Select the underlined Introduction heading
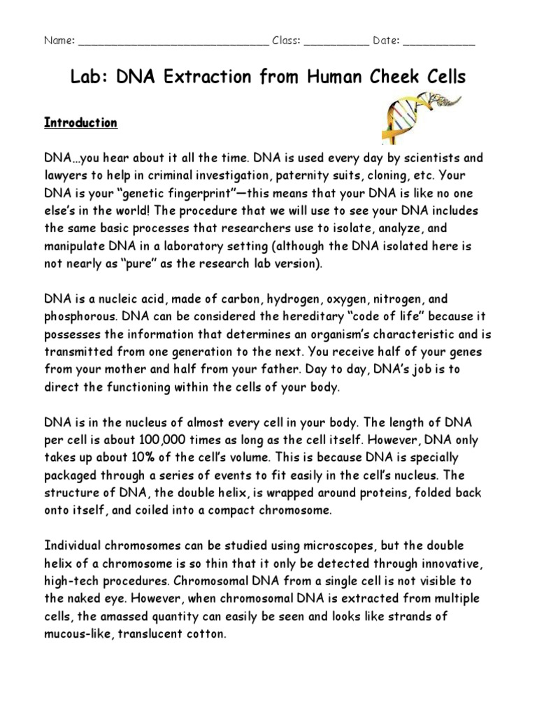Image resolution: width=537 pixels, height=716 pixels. point(80,123)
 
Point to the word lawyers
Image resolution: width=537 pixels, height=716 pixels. point(67,176)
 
